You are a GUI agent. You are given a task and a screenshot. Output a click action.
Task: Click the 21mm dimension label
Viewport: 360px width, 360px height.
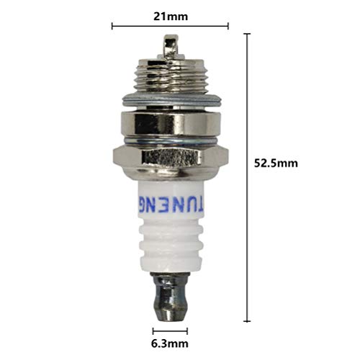tap(170, 14)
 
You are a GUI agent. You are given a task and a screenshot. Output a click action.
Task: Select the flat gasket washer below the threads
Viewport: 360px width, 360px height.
tap(171, 102)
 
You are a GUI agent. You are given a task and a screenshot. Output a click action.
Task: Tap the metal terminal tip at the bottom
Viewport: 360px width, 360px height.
tap(171, 295)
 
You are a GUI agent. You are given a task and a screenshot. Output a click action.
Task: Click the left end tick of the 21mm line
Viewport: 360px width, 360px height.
tap(112, 27)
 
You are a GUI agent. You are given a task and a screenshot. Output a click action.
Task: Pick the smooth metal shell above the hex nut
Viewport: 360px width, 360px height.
tap(171, 123)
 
